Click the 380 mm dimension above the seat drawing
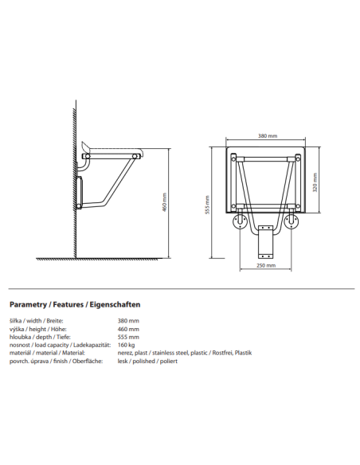click(267, 136)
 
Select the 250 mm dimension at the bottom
click(267, 266)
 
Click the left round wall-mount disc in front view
click(237, 222)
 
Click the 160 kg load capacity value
click(127, 345)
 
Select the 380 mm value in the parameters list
click(128, 321)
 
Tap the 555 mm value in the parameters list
click(128, 337)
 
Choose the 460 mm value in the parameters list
click(128, 329)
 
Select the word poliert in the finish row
click(167, 361)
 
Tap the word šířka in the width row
click(16, 321)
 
